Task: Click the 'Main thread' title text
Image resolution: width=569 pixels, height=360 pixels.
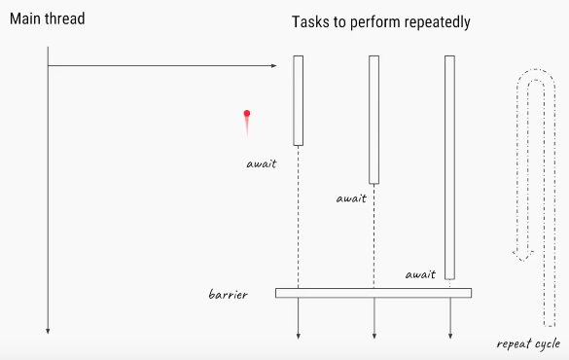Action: coord(48,18)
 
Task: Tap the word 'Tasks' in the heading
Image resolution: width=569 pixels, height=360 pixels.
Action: coord(311,21)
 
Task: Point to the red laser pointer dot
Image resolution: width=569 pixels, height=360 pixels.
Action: coord(247,114)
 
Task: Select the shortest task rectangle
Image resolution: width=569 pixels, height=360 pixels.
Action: coord(299,100)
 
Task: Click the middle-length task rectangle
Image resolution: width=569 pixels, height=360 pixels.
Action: coord(374,120)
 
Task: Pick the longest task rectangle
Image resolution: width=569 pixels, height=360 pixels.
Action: coord(449,167)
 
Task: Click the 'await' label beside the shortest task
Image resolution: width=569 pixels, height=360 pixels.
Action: coord(262,164)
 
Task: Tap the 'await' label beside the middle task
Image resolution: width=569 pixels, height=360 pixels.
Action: coord(351,198)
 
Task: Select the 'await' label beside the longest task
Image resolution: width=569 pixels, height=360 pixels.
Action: coord(420,274)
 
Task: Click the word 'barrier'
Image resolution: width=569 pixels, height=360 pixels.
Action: coord(229,294)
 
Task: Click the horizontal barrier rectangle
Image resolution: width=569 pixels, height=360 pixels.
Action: coord(373,293)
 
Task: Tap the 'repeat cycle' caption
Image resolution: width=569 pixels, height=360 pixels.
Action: coord(528,344)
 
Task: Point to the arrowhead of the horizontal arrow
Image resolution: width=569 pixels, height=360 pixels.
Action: coord(274,66)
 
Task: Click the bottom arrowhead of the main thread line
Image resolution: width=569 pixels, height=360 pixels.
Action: coord(48,331)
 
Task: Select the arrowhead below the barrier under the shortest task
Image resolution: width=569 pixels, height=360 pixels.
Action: coord(299,337)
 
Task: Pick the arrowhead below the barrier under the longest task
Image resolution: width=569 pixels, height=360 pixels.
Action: coord(450,337)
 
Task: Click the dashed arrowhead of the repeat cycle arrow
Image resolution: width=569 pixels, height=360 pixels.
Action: coord(523,255)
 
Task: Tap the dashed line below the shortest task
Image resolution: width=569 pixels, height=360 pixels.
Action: coord(299,217)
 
